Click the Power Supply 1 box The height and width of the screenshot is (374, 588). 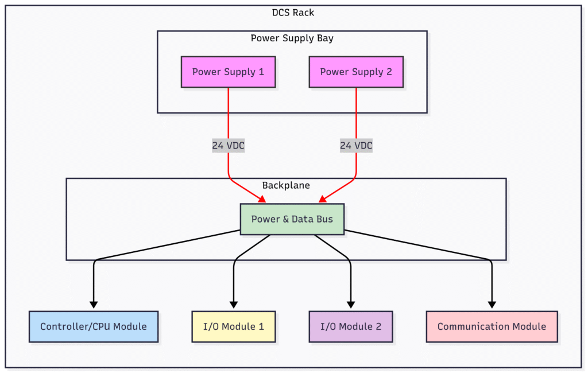[x=228, y=72]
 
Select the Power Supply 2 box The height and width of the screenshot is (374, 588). [x=356, y=72]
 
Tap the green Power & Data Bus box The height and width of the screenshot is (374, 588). [x=292, y=219]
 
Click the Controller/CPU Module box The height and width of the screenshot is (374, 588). [x=94, y=326]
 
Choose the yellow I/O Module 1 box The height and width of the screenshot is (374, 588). [x=234, y=326]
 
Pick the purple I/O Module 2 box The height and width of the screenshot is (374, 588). [x=351, y=326]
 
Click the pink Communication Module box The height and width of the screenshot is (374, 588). [x=492, y=326]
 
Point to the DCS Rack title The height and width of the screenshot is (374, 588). [x=293, y=13]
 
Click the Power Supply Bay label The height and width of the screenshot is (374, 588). [x=292, y=38]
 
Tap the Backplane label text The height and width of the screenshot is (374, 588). [x=286, y=185]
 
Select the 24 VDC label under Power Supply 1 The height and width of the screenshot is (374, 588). [x=228, y=146]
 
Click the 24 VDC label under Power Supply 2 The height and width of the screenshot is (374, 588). [x=356, y=146]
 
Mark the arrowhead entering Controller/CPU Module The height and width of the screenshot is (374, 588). [x=94, y=305]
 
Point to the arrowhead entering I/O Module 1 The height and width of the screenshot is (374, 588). [x=234, y=305]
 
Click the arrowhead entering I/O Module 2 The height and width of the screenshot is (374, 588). [x=351, y=305]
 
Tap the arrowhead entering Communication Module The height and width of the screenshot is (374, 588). [x=492, y=305]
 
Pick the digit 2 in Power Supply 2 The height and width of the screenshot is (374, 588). [x=389, y=72]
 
